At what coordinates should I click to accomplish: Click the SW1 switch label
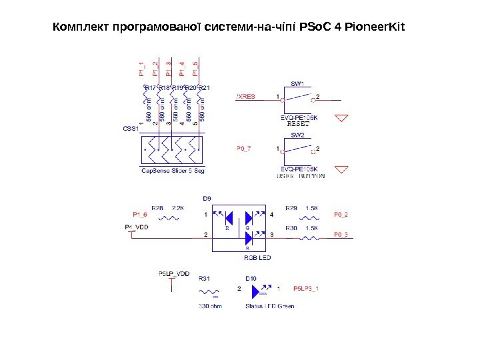point(297,84)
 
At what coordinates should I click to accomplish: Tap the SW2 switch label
point(297,135)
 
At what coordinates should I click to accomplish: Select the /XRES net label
point(246,97)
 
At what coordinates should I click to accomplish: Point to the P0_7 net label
point(244,148)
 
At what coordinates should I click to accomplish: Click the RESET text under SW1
point(298,123)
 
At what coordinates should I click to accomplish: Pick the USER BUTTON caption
point(301,176)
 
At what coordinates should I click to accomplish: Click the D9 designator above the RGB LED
point(207,198)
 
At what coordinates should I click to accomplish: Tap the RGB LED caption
point(257,257)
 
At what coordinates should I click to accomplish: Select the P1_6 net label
point(139,215)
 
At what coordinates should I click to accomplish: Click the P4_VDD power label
point(138,227)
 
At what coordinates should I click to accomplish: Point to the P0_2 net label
point(341,215)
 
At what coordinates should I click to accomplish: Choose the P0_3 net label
point(341,235)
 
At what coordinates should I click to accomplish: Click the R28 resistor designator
point(157,208)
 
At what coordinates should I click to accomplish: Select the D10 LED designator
point(251,278)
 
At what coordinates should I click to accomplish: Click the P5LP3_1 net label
point(307,289)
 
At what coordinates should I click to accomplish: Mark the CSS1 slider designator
point(130,128)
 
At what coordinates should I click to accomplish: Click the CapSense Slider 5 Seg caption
point(173,171)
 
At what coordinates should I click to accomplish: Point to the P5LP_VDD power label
point(174,273)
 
